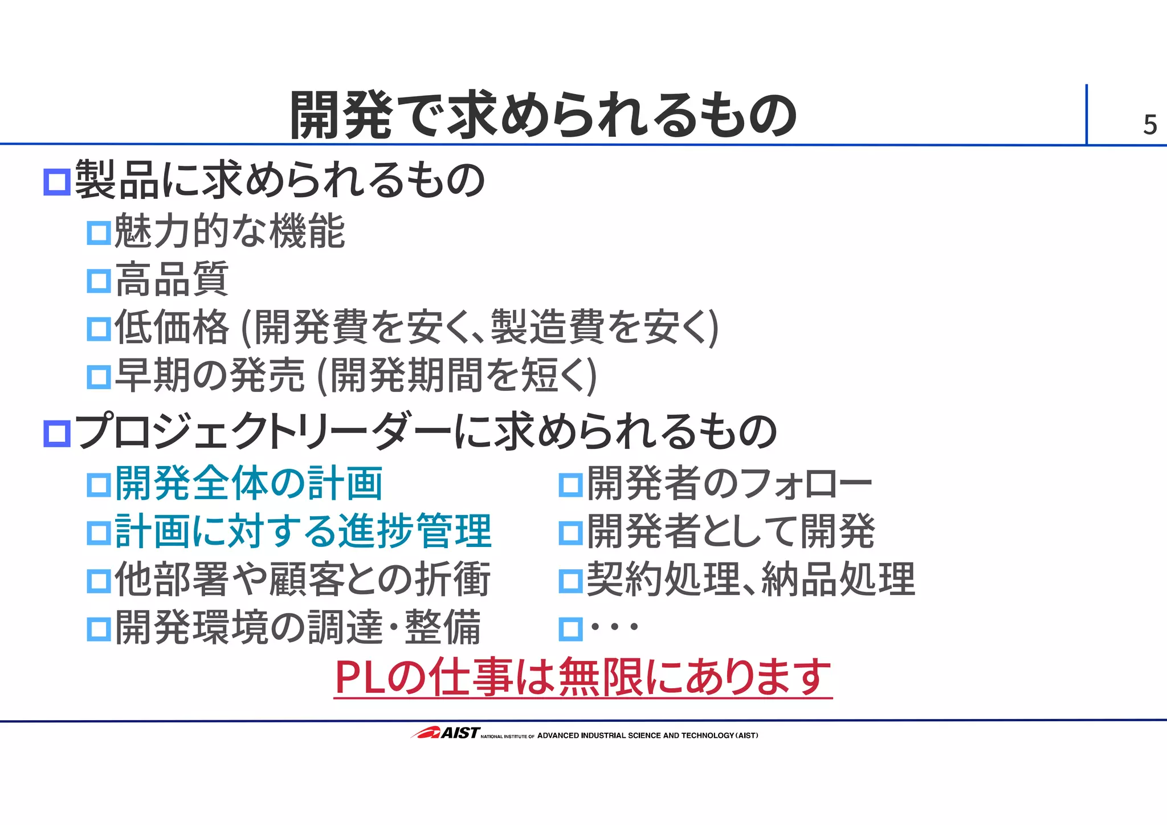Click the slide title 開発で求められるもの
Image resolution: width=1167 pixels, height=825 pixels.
coord(542,116)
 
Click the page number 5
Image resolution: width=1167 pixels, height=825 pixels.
coord(1149,125)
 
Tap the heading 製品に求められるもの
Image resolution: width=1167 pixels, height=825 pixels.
coord(279,180)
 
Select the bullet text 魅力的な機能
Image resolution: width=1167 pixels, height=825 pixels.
coord(229,231)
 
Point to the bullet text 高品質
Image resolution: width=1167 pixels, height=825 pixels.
coord(172,279)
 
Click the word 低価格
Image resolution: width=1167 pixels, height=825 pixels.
coord(172,327)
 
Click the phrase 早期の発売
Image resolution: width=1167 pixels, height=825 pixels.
coord(210,375)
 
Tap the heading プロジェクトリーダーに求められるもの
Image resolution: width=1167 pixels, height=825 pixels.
coord(425,431)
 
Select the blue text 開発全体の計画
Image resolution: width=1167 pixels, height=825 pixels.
coord(248,483)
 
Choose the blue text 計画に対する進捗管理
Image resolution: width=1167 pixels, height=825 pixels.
coord(303,531)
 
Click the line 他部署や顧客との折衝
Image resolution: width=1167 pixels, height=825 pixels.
coord(302,579)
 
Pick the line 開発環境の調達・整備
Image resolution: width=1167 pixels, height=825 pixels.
coord(297,627)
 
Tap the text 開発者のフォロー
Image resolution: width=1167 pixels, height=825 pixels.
coord(729,483)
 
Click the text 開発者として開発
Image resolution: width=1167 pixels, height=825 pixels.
coord(731,531)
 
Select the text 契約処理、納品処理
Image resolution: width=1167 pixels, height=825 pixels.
coord(750,579)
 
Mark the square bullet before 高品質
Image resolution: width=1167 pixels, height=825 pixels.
coord(99,281)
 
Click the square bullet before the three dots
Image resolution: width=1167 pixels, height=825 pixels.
coord(570,629)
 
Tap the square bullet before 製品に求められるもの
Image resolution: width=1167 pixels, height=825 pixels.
coord(57,182)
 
